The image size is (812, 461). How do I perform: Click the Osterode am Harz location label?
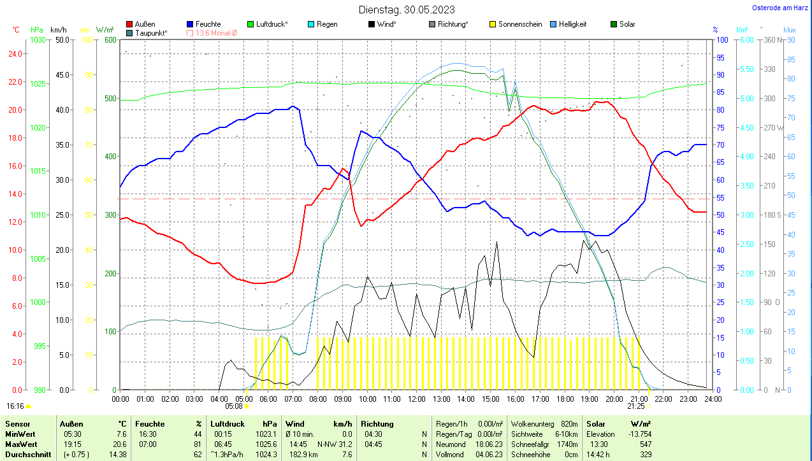[x=779, y=8]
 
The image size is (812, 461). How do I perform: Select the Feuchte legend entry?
[x=208, y=24]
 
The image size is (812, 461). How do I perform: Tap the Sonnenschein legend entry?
[x=519, y=24]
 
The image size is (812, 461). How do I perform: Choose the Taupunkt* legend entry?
[x=150, y=32]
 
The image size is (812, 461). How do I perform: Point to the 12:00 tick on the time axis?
[x=416, y=399]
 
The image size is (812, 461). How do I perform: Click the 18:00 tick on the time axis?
[x=565, y=399]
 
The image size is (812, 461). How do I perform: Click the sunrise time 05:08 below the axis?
[x=234, y=406]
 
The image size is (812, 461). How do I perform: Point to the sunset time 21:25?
[x=635, y=406]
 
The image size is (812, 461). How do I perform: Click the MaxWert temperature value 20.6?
[x=120, y=444]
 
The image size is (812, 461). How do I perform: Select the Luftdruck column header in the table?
[x=228, y=423]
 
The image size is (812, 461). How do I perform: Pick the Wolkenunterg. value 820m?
[x=569, y=423]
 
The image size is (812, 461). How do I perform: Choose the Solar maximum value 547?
[x=645, y=444]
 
